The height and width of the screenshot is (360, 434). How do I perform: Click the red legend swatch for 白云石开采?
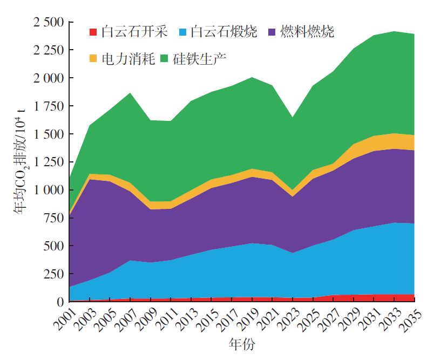93,32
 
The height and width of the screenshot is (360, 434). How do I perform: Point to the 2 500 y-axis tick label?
48,22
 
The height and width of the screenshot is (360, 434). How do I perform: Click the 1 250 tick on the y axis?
48,162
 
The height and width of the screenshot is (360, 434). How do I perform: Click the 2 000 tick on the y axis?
48,78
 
